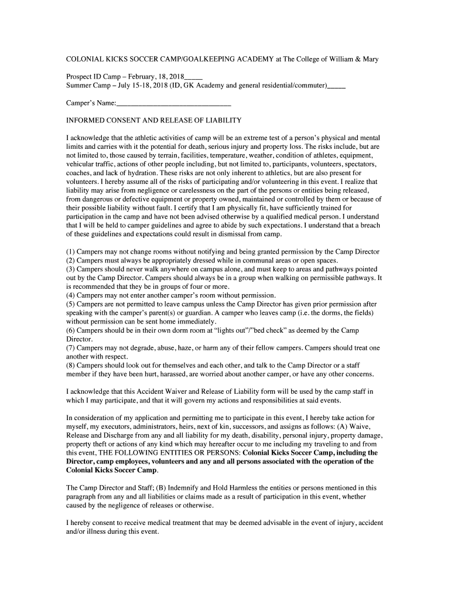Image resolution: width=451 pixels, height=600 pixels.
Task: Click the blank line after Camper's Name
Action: [x=173, y=103]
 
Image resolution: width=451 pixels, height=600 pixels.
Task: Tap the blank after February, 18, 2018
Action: [x=193, y=77]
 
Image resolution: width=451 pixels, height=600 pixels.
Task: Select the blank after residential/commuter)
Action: [x=336, y=86]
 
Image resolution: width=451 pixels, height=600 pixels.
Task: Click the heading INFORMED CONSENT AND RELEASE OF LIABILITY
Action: [x=153, y=120]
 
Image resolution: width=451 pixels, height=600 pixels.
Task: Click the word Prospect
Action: [x=79, y=77]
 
